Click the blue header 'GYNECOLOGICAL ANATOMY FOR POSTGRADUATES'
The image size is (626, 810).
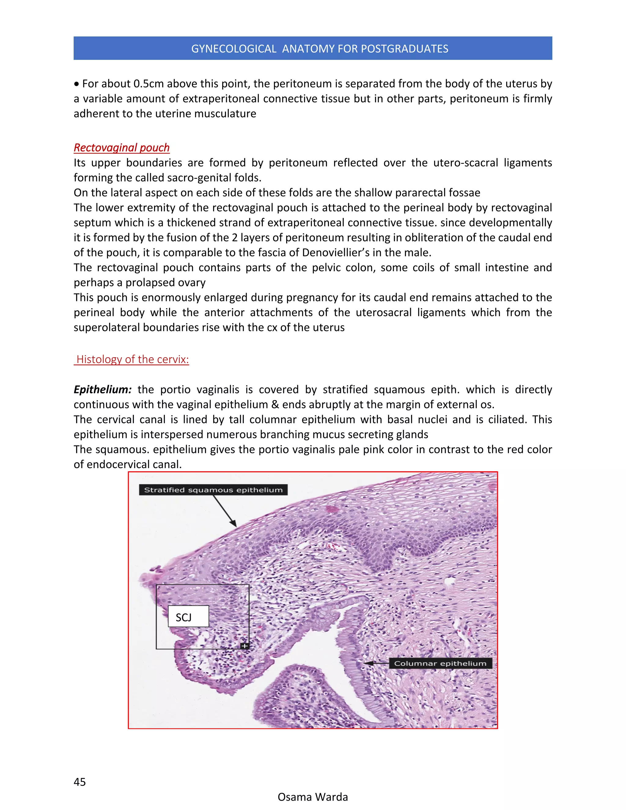[x=320, y=49]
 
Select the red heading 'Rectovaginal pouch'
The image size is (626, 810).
[x=122, y=148]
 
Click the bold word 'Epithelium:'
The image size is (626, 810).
[x=103, y=389]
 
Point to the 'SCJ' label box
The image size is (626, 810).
[x=188, y=617]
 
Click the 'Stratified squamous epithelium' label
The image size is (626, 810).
[x=213, y=490]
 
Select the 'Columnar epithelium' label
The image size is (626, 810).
[x=440, y=663]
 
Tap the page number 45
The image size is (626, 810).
[x=80, y=782]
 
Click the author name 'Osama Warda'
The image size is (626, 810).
[x=313, y=797]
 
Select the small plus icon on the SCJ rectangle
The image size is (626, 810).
[x=245, y=646]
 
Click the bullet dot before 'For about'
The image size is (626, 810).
[x=76, y=84]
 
